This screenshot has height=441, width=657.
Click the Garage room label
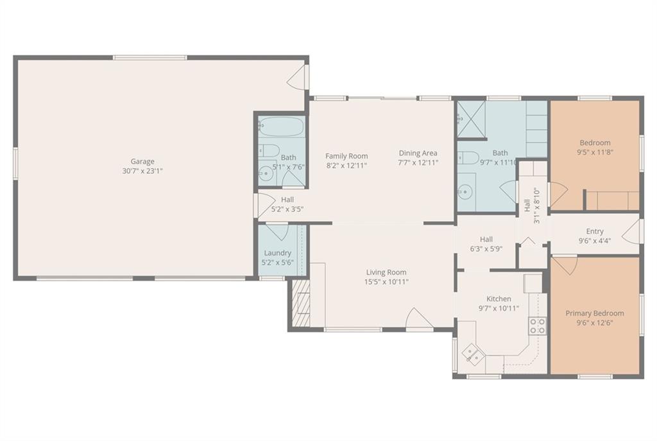click(x=142, y=161)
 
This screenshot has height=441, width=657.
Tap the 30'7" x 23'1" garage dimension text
click(x=142, y=171)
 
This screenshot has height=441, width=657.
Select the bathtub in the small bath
click(x=281, y=126)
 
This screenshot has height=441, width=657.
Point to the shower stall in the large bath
click(x=471, y=119)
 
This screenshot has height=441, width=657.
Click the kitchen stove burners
click(x=537, y=325)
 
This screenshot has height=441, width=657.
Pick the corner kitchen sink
click(x=474, y=353)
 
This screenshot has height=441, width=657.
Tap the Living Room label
click(x=386, y=272)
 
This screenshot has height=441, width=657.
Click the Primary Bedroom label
click(x=595, y=313)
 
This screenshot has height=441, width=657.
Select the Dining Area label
click(x=418, y=153)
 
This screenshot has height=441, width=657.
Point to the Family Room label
click(x=346, y=156)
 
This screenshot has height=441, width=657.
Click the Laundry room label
click(x=277, y=253)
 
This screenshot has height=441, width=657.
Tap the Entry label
click(x=595, y=231)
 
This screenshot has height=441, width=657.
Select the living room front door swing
click(x=419, y=318)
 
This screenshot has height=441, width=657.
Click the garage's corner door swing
click(x=296, y=77)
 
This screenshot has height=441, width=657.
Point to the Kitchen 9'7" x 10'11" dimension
click(x=499, y=309)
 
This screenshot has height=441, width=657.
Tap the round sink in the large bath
click(x=465, y=192)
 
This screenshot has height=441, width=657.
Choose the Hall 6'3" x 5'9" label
click(x=486, y=244)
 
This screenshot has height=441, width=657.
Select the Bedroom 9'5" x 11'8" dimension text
click(x=595, y=152)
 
